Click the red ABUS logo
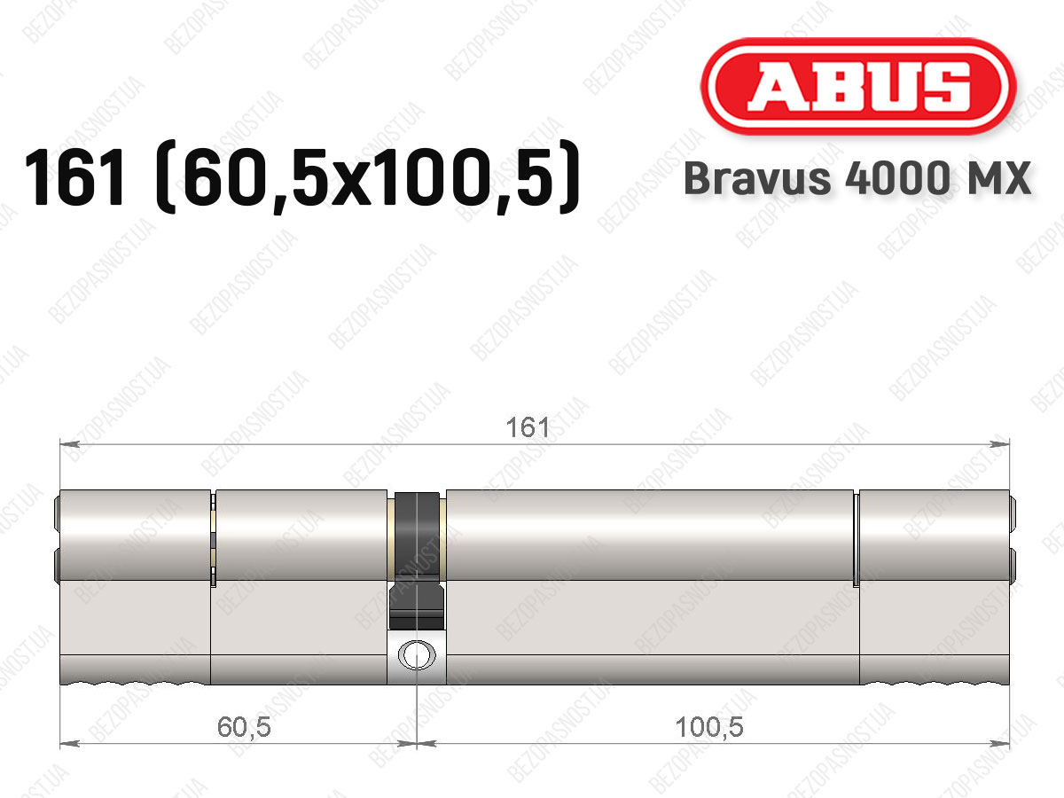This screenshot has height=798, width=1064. click(858, 86)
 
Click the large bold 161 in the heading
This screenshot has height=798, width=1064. click(74, 178)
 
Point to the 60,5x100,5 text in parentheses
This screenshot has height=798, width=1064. click(368, 178)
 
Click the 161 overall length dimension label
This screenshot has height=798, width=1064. click(528, 428)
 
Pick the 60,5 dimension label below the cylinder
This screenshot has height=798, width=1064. click(244, 727)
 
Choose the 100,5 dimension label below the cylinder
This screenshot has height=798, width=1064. click(709, 727)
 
